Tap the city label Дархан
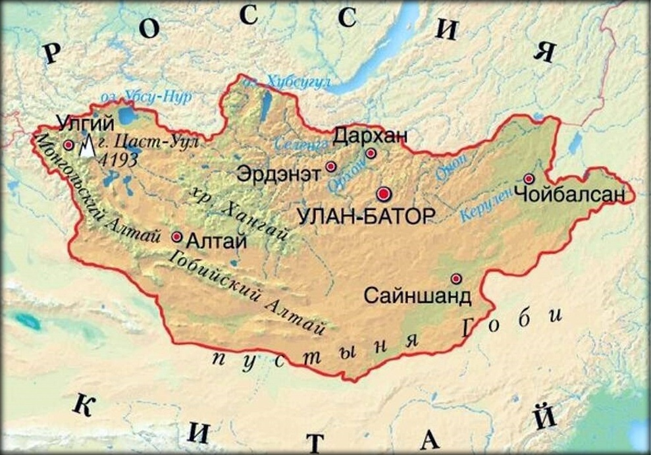(x=370, y=136)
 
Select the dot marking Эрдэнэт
(x=331, y=167)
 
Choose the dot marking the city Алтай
(x=176, y=236)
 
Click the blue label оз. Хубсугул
(x=290, y=82)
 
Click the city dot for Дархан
(x=371, y=153)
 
